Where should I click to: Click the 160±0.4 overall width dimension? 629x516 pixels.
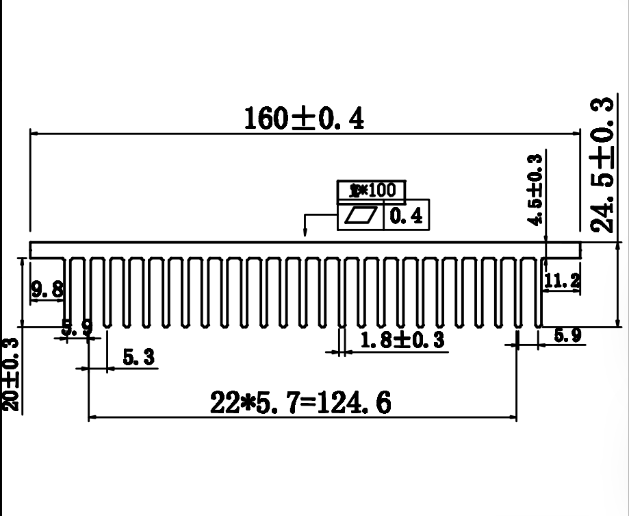tap(305, 119)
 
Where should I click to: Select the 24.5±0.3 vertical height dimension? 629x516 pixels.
tap(602, 165)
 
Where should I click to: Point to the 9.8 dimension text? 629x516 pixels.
tap(47, 288)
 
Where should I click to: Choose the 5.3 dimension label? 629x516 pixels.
tap(138, 357)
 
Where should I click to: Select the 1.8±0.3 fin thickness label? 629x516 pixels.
tap(402, 339)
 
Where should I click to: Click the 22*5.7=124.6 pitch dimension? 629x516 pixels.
tap(301, 403)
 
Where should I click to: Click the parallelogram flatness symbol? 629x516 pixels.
tap(361, 217)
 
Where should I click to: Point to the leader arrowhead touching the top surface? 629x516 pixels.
tap(305, 237)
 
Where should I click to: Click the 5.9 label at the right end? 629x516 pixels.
tap(567, 336)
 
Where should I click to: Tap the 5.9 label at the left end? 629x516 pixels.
tap(77, 328)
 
